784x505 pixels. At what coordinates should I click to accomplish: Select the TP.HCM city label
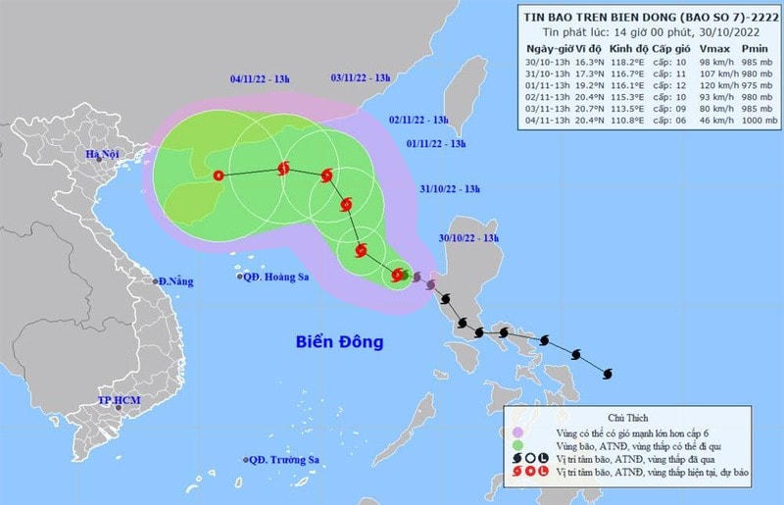pos(121,401)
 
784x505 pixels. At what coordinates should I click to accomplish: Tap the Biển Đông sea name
pos(339,342)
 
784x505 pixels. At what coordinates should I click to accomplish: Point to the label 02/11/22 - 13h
pos(418,120)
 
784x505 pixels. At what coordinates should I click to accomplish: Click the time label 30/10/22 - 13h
pos(469,239)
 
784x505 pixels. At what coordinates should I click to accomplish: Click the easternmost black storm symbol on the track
pos(606,373)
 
